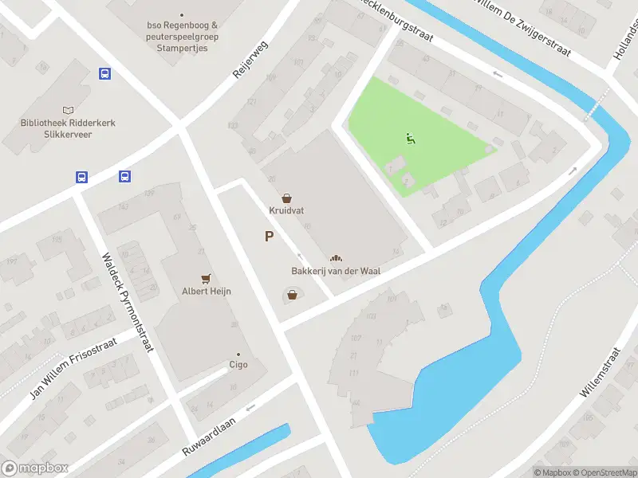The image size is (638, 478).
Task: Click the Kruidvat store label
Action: click(x=286, y=211)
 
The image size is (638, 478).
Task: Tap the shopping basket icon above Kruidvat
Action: click(x=286, y=198)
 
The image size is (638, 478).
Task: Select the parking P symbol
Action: click(x=270, y=236)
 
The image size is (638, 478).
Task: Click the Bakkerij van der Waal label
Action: click(x=335, y=271)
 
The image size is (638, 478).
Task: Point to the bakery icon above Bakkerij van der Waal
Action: click(x=336, y=258)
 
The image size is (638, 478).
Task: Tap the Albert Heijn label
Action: click(x=207, y=292)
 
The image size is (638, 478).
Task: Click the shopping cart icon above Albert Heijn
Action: click(x=207, y=278)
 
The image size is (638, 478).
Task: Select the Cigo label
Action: click(x=238, y=365)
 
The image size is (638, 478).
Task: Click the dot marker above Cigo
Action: click(x=238, y=354)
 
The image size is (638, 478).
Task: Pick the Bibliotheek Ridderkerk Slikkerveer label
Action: click(x=69, y=128)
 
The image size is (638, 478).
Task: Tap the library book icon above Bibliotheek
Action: click(x=69, y=109)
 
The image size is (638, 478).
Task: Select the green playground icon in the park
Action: click(x=411, y=139)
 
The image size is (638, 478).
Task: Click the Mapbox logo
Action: click(x=34, y=468)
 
